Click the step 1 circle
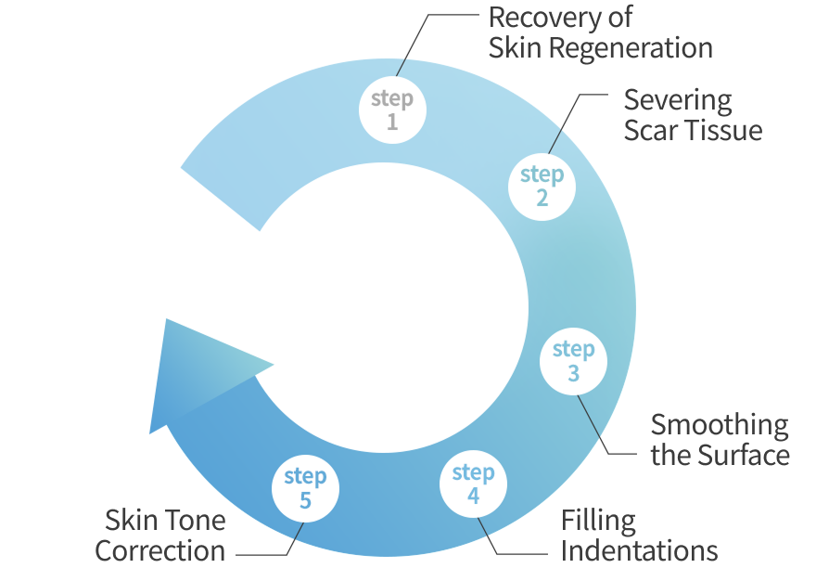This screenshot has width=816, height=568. coord(392,110)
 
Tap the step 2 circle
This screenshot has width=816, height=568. coord(542,186)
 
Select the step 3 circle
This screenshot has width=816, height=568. coord(573,361)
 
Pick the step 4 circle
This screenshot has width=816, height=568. coord(473,484)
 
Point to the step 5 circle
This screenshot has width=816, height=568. coord(305,488)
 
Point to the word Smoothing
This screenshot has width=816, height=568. coord(720,426)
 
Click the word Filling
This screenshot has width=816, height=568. coord(598,520)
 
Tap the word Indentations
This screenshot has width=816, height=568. coord(640,550)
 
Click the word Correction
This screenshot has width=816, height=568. coord(159,550)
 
